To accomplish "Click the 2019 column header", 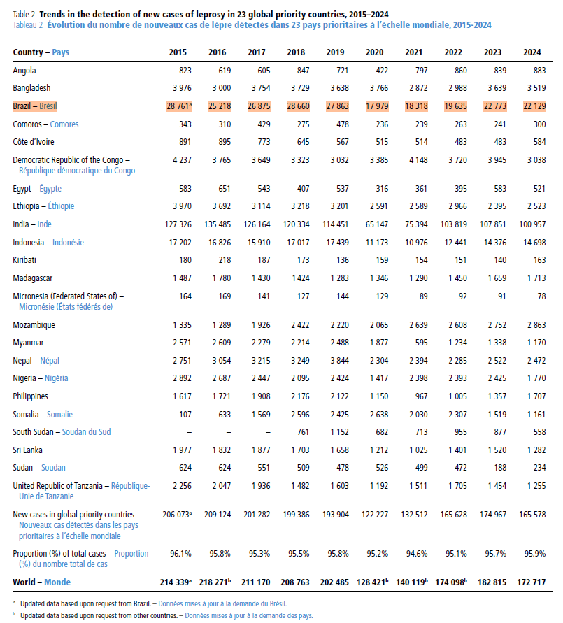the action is pos(335,52).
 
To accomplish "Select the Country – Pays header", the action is pos(41,52).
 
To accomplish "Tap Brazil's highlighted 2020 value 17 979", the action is pos(377,106).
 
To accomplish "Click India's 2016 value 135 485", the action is pos(218,224).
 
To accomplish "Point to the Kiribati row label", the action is pos(24,260).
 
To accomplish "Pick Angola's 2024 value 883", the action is pos(539,71).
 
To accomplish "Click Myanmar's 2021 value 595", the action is pos(421,343).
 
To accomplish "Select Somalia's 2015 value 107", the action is pos(185,415).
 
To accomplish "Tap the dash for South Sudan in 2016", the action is pos(229,432).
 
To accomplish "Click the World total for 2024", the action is pos(532,582).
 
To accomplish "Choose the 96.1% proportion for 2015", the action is pos(180,554).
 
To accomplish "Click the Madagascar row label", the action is pos(33,278).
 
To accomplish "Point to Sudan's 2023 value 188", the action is pos(500,468).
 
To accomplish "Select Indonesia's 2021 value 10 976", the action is pos(416,243).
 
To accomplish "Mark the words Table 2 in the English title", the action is pos(24,14).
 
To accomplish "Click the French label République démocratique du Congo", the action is pos(77,171).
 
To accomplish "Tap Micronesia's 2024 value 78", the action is pos(541,296).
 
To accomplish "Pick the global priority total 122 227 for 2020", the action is pos(375,515).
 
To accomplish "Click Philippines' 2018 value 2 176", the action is pos(300,396).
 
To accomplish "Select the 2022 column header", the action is pos(453,52).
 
